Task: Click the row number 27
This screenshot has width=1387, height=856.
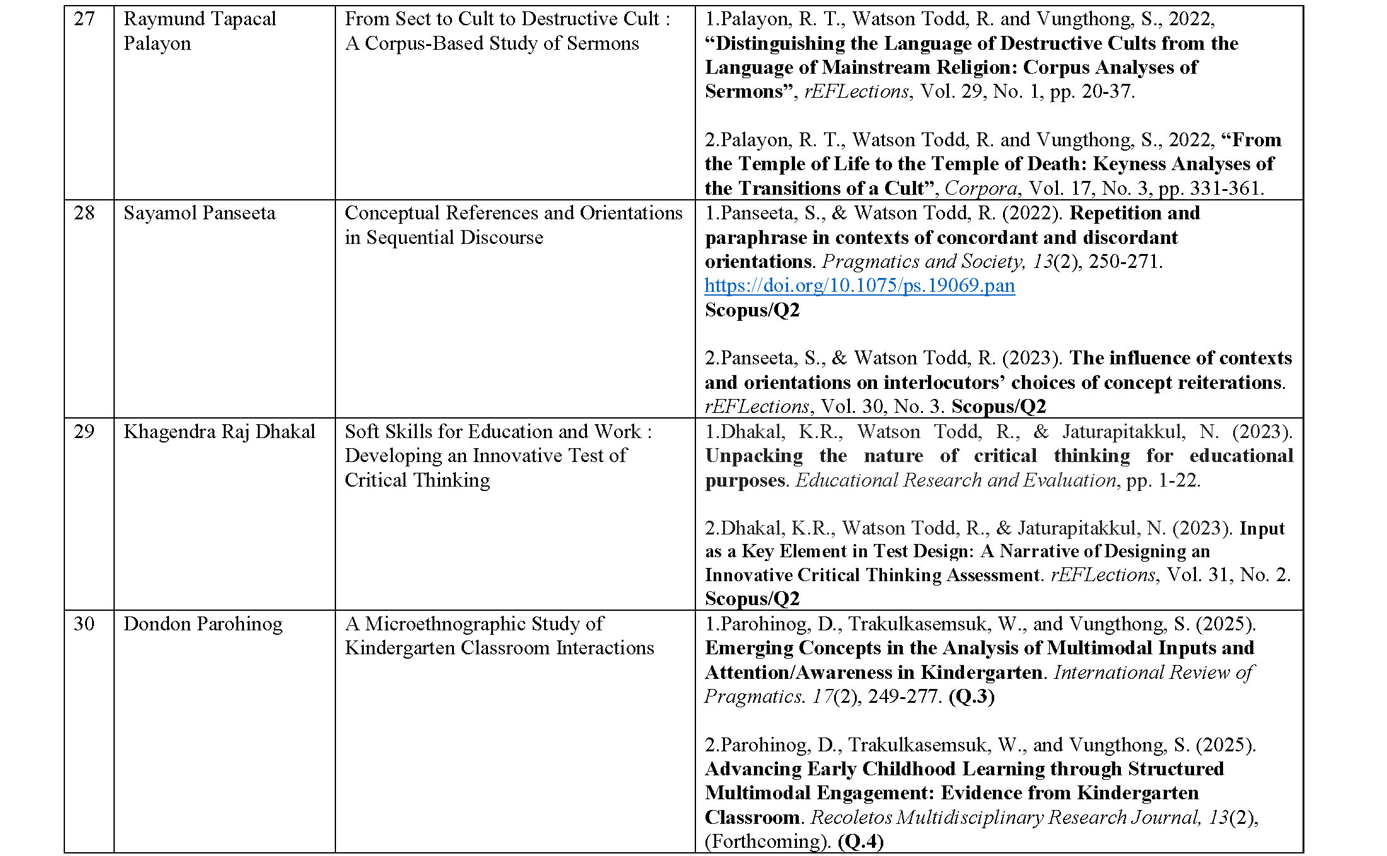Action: point(84,19)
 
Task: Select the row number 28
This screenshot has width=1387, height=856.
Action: point(84,213)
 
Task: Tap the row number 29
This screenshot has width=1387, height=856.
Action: point(84,432)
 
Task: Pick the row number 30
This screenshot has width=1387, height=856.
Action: point(84,624)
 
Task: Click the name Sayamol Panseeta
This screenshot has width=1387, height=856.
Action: point(199,213)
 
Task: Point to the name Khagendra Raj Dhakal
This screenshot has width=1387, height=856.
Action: point(219,432)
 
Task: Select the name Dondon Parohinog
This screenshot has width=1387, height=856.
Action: point(203,624)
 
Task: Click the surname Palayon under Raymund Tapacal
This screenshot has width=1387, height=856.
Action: point(157,43)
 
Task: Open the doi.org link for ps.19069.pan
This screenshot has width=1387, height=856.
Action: point(859,286)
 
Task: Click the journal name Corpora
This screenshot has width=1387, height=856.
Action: point(980,188)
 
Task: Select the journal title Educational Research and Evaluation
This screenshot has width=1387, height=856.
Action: point(956,480)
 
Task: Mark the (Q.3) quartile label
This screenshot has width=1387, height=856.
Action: point(971,697)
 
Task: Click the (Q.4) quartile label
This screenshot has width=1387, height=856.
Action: point(861,842)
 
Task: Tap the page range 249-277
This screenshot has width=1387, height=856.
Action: point(905,697)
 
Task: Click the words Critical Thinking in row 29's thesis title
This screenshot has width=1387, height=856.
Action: point(417,480)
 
